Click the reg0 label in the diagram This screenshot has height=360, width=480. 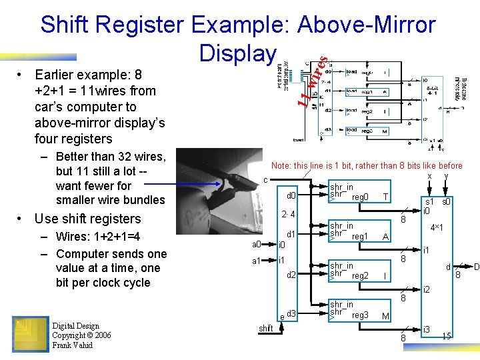360,197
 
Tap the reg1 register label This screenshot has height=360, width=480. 360,237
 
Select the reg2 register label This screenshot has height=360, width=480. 360,275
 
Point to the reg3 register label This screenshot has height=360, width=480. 360,315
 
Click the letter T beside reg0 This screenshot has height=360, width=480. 385,197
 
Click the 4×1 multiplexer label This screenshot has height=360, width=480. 438,227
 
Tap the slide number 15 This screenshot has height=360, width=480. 447,336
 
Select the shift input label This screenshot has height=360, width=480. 265,328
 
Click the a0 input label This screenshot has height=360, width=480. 256,244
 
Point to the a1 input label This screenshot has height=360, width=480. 256,261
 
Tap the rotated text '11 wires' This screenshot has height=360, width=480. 311,83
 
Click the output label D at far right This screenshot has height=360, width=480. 476,267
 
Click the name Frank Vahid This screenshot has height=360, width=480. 75,345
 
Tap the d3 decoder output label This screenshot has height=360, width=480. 291,313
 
